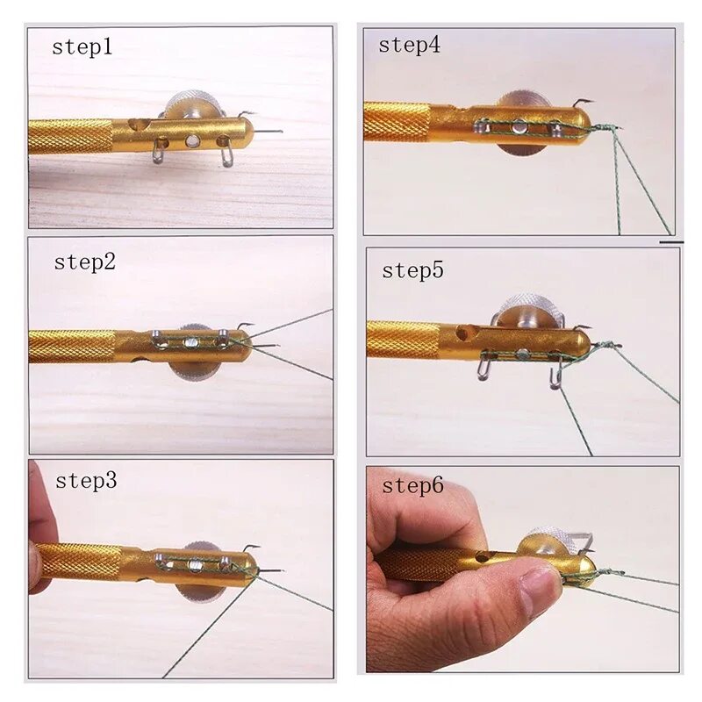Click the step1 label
(x=82, y=47)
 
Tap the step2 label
(x=85, y=262)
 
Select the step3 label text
(x=86, y=480)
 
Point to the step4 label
(x=409, y=45)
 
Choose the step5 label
(x=412, y=270)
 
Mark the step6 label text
(x=412, y=486)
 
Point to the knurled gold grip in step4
(x=397, y=121)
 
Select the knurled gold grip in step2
(x=73, y=346)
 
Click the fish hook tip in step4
(x=593, y=101)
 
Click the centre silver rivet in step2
(x=190, y=343)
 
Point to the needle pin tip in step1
(x=281, y=132)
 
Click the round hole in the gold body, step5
(x=462, y=333)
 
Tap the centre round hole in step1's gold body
(x=192, y=141)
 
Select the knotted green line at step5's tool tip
(x=605, y=346)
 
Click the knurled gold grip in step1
(x=70, y=137)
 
